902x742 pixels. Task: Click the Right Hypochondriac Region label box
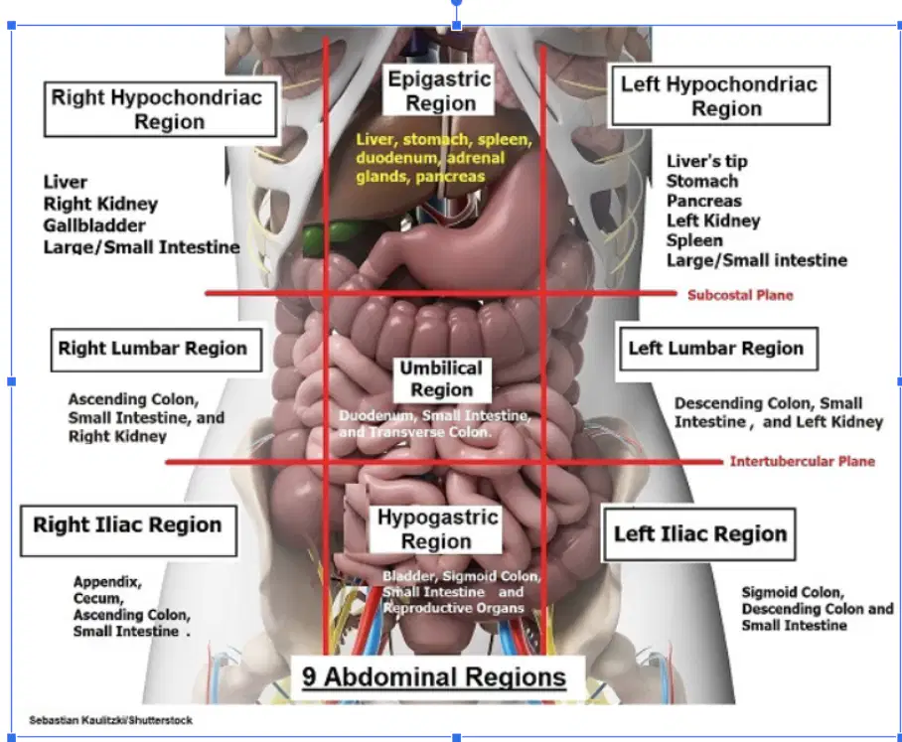pyautogui.click(x=161, y=109)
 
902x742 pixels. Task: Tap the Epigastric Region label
pyautogui.click(x=439, y=90)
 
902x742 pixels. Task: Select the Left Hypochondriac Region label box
pyautogui.click(x=720, y=96)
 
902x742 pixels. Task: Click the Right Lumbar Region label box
pyautogui.click(x=157, y=350)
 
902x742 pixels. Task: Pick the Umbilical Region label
pyautogui.click(x=442, y=379)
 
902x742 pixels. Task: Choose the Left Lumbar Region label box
pyautogui.click(x=718, y=349)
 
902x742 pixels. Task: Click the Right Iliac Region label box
pyautogui.click(x=129, y=530)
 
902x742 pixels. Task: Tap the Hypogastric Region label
pyautogui.click(x=437, y=529)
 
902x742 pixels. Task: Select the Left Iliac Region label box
pyautogui.click(x=699, y=534)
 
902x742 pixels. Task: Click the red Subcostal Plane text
pyautogui.click(x=740, y=295)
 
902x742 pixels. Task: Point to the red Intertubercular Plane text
pyautogui.click(x=803, y=461)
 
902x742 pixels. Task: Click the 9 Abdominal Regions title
pyautogui.click(x=434, y=677)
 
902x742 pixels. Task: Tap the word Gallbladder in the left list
pyautogui.click(x=94, y=225)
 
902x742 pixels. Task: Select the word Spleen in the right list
pyautogui.click(x=694, y=240)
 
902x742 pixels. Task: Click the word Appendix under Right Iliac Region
pyautogui.click(x=107, y=582)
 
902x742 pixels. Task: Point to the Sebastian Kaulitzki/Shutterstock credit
pyautogui.click(x=111, y=720)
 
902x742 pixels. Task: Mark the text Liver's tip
pyautogui.click(x=707, y=161)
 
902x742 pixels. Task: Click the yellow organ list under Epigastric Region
pyautogui.click(x=443, y=158)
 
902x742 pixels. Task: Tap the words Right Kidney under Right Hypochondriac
pyautogui.click(x=100, y=204)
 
